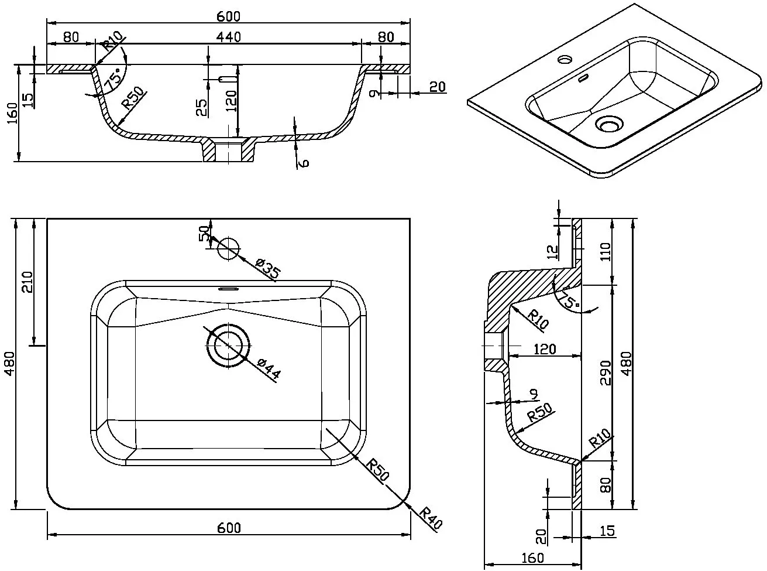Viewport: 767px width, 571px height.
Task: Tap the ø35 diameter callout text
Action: [x=268, y=271]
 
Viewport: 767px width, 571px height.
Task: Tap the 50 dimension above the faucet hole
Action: [x=204, y=233]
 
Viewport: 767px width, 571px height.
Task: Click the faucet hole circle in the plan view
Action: [x=229, y=248]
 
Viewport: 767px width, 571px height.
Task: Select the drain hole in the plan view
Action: [x=228, y=346]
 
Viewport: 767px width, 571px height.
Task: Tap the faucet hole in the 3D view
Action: [x=565, y=59]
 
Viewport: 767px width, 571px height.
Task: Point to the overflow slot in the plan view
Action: [x=228, y=288]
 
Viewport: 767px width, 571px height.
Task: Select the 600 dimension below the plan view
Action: [x=229, y=527]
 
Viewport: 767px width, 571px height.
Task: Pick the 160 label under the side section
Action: [x=531, y=558]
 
